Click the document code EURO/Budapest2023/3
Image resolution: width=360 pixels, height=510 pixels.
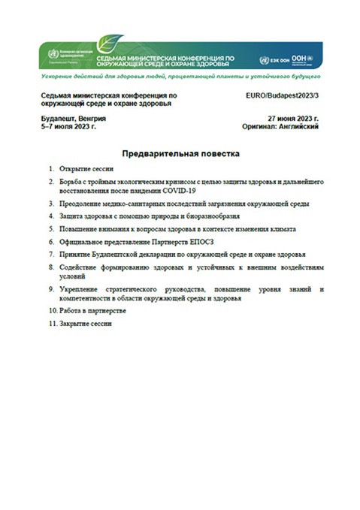click(283, 96)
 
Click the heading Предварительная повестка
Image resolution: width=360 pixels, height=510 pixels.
click(180, 153)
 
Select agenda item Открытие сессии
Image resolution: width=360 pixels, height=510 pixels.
click(86, 169)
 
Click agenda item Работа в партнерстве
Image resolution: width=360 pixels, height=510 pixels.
click(92, 309)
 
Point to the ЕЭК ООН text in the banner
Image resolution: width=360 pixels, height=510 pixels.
click(277, 60)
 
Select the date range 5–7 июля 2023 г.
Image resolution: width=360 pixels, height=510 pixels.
click(69, 127)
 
